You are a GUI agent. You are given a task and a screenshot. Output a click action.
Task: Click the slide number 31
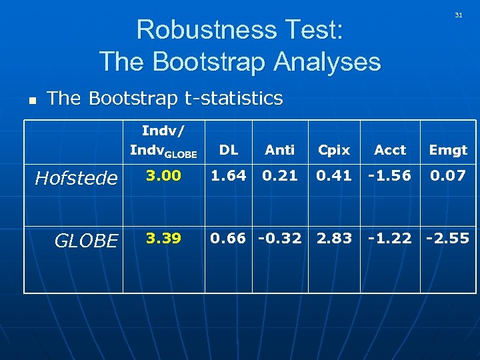pyautogui.click(x=458, y=15)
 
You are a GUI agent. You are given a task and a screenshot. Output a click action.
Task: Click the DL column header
pyautogui.click(x=229, y=150)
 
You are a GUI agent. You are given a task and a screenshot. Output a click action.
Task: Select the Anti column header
pyautogui.click(x=279, y=150)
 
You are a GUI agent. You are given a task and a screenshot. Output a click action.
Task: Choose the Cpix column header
pyautogui.click(x=333, y=150)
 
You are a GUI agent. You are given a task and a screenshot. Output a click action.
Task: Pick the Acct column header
pyautogui.click(x=390, y=150)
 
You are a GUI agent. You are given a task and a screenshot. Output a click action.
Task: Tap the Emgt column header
pyautogui.click(x=448, y=150)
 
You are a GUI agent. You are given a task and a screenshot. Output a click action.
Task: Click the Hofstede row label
pyautogui.click(x=76, y=178)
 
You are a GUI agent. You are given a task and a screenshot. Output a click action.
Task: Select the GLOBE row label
pyautogui.click(x=87, y=241)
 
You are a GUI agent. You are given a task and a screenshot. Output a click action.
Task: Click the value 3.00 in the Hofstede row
pyautogui.click(x=163, y=176)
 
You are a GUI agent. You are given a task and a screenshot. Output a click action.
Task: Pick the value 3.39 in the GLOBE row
pyautogui.click(x=163, y=238)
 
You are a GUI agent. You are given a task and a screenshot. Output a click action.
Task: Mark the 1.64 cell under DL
pyautogui.click(x=229, y=176)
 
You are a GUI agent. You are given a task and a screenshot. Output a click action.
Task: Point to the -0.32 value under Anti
pyautogui.click(x=281, y=238)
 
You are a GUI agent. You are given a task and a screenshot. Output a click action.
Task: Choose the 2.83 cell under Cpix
pyautogui.click(x=333, y=238)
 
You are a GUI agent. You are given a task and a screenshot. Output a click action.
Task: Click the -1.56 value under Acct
pyautogui.click(x=390, y=176)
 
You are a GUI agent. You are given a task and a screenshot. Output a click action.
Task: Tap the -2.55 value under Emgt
pyautogui.click(x=448, y=238)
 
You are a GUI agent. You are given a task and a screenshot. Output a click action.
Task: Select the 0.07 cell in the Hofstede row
pyautogui.click(x=448, y=176)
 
